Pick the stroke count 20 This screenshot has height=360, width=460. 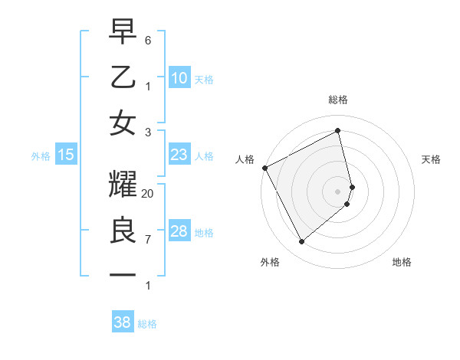(148, 194)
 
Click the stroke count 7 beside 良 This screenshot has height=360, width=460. (148, 239)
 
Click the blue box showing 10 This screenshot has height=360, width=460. (179, 78)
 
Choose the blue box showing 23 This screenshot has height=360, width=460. (179, 155)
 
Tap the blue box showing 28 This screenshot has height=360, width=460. (179, 231)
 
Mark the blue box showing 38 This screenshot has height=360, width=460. (122, 323)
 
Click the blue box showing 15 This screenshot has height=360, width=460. (66, 155)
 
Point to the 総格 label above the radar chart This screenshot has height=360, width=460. (338, 100)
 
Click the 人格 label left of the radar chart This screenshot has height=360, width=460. (245, 159)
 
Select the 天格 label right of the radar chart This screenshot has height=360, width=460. (432, 159)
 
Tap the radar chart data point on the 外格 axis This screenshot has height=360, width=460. (301, 242)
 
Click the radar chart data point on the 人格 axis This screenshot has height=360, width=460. (264, 168)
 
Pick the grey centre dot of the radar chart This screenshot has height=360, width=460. (338, 191)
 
